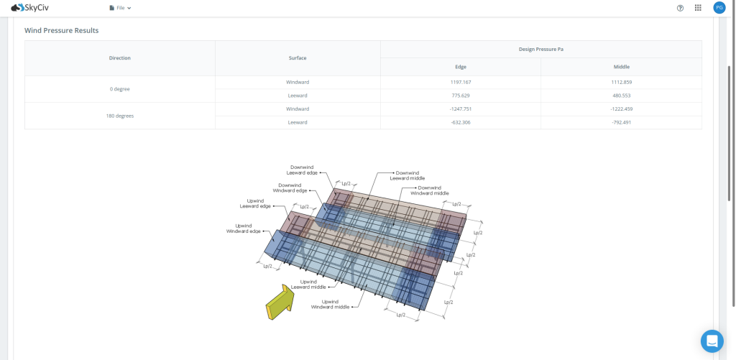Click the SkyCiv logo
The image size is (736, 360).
29,8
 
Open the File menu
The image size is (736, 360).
120,8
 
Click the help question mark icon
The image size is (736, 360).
680,8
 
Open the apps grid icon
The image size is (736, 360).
698,8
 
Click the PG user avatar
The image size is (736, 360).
719,8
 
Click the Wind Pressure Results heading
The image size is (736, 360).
61,31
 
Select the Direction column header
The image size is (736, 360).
120,57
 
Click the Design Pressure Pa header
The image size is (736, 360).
540,49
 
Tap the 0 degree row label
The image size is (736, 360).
120,89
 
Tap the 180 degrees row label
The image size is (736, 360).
120,116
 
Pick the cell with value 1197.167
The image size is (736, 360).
460,82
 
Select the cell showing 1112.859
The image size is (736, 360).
621,82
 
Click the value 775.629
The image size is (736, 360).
460,96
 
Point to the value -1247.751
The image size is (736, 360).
460,109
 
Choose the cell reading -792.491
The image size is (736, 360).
621,122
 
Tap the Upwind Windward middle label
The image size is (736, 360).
330,304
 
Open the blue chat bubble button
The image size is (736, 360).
712,341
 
